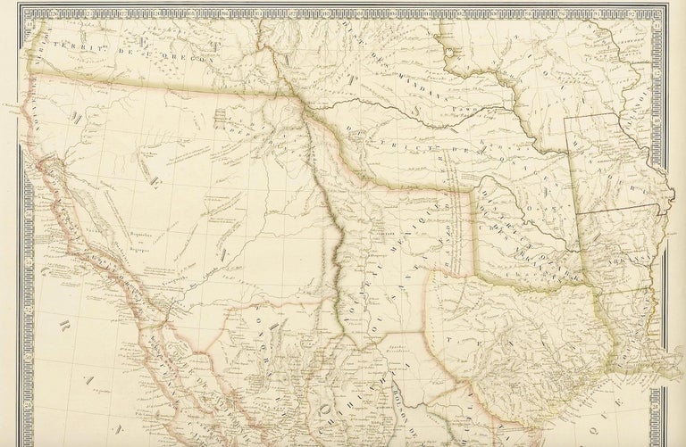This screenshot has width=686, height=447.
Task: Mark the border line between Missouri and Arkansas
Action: [x=616, y=214]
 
